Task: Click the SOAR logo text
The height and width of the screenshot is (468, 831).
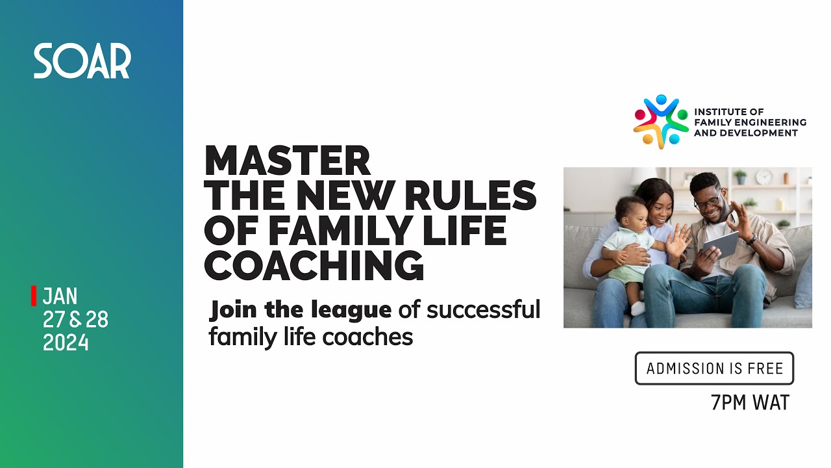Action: [82, 61]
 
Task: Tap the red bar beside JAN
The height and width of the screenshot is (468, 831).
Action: [33, 296]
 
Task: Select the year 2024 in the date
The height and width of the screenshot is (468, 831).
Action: [66, 343]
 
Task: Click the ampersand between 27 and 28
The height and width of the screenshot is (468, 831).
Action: [75, 320]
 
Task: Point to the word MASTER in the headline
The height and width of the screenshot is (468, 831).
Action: [287, 160]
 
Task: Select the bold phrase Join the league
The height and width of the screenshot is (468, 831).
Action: [300, 310]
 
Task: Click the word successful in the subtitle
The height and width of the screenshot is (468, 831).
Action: [483, 310]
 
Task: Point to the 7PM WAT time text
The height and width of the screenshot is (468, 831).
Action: [750, 403]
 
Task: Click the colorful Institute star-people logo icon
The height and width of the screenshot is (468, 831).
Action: [660, 122]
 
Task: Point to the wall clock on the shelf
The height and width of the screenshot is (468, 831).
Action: [764, 177]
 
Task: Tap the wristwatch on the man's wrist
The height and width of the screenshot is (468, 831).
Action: [752, 239]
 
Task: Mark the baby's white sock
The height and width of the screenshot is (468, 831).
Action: [638, 307]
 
